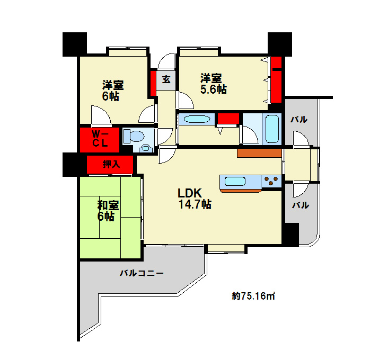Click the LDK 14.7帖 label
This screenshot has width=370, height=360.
pyautogui.click(x=195, y=199)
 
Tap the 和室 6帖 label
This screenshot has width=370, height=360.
pyautogui.click(x=108, y=211)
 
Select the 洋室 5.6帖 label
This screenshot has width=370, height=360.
pyautogui.click(x=213, y=84)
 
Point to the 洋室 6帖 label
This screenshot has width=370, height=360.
pyautogui.click(x=113, y=91)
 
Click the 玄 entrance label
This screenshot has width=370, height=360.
pyautogui.click(x=166, y=79)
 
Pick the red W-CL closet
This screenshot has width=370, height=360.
pyautogui.click(x=100, y=140)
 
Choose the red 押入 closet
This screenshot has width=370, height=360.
pyautogui.click(x=110, y=165)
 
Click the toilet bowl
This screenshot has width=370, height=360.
pyautogui.click(x=135, y=136)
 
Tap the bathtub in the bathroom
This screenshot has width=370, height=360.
pyautogui.click(x=272, y=129)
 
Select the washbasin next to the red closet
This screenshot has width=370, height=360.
pyautogui.click(x=197, y=119)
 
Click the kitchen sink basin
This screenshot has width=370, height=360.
pyautogui.click(x=235, y=182)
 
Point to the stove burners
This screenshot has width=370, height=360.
pyautogui.click(x=271, y=181)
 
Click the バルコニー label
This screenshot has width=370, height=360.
pyautogui.click(x=142, y=273)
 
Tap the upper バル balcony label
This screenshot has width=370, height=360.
pyautogui.click(x=299, y=120)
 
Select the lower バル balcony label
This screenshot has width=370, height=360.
pyautogui.click(x=301, y=205)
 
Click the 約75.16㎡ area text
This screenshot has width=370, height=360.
pyautogui.click(x=253, y=296)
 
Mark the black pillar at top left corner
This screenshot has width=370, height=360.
pyautogui.click(x=75, y=44)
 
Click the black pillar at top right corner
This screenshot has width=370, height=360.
pyautogui.click(x=280, y=44)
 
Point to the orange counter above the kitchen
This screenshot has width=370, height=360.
pyautogui.click(x=259, y=153)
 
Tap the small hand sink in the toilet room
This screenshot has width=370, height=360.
pyautogui.click(x=145, y=149)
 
